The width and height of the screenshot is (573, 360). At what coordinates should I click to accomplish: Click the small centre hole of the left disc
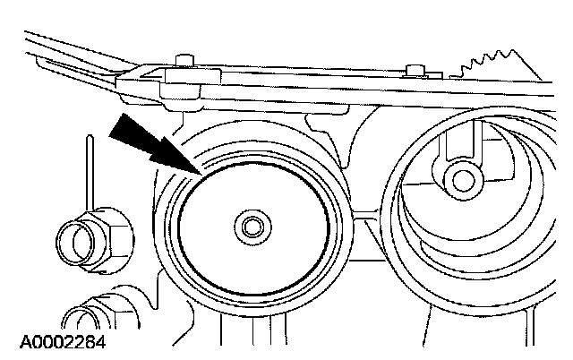pyautogui.click(x=251, y=227)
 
